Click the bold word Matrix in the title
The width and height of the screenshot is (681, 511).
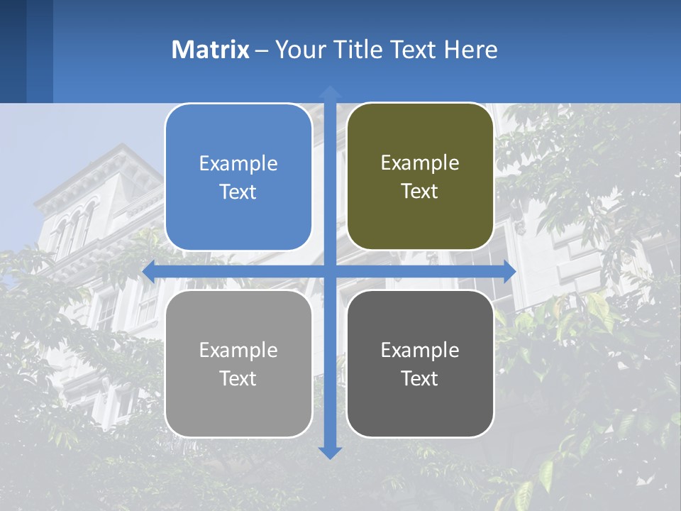211,50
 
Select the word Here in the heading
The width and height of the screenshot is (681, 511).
471,50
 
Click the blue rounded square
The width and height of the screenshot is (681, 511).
238,177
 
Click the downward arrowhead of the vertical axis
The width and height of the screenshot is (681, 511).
330,452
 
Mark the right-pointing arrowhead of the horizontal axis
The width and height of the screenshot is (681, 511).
509,271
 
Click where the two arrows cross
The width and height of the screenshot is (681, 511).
330,271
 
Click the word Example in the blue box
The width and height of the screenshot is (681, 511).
238,164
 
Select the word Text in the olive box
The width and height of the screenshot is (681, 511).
420,192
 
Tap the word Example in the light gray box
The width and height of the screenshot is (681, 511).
238,351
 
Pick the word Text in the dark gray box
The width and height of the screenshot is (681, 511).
420,378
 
